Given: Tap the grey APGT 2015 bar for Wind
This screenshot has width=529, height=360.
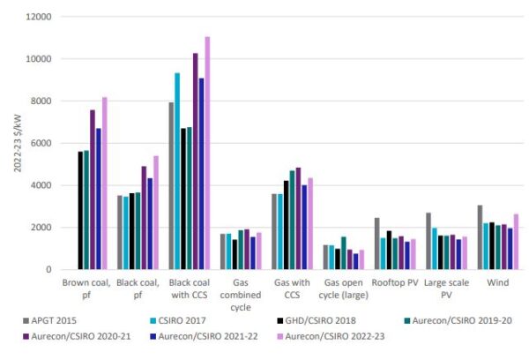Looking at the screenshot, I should [480, 237].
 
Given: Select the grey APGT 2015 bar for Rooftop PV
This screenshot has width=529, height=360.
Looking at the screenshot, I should [377, 244].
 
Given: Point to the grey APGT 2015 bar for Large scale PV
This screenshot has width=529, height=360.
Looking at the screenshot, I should [428, 241].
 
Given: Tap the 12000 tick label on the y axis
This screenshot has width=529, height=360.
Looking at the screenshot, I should [36, 17].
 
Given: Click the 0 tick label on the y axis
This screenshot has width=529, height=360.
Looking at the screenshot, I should [48, 269].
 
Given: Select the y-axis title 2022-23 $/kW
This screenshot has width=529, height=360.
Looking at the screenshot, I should [11, 141].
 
